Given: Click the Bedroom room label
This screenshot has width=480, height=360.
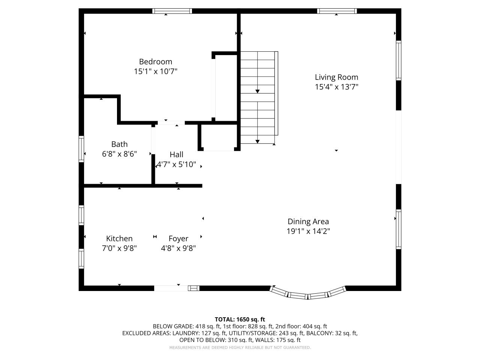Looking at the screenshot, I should tap(155, 61).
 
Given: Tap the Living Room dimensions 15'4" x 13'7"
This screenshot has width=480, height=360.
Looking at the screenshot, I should tap(336, 87).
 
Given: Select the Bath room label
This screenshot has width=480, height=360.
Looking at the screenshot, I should tap(119, 144).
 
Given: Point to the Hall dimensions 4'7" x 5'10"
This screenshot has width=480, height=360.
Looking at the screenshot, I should tap(176, 164).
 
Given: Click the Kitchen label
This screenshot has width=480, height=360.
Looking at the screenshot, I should tap(119, 238).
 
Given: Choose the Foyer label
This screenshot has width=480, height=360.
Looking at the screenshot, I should tap(178, 238).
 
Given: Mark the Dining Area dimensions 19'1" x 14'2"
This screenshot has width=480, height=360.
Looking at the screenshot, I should tap(308, 231).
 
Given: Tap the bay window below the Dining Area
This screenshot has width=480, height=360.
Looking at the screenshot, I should tap(307, 294).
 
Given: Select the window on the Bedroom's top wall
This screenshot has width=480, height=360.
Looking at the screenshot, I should tap(172, 11).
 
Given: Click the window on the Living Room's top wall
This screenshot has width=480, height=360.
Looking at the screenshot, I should tap(336, 11).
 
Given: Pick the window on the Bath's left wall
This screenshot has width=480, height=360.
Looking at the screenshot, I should tap(81, 149).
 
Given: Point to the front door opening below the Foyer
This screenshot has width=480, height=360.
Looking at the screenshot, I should tap(171, 288).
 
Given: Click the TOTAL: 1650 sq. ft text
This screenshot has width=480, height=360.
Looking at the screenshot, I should tap(240, 319).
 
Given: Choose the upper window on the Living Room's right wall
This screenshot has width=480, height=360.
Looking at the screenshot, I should tap(399, 60).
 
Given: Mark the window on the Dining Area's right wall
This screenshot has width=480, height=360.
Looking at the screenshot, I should tap(399, 229).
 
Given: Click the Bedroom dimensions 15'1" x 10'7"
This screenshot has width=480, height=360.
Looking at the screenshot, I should tap(155, 71).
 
